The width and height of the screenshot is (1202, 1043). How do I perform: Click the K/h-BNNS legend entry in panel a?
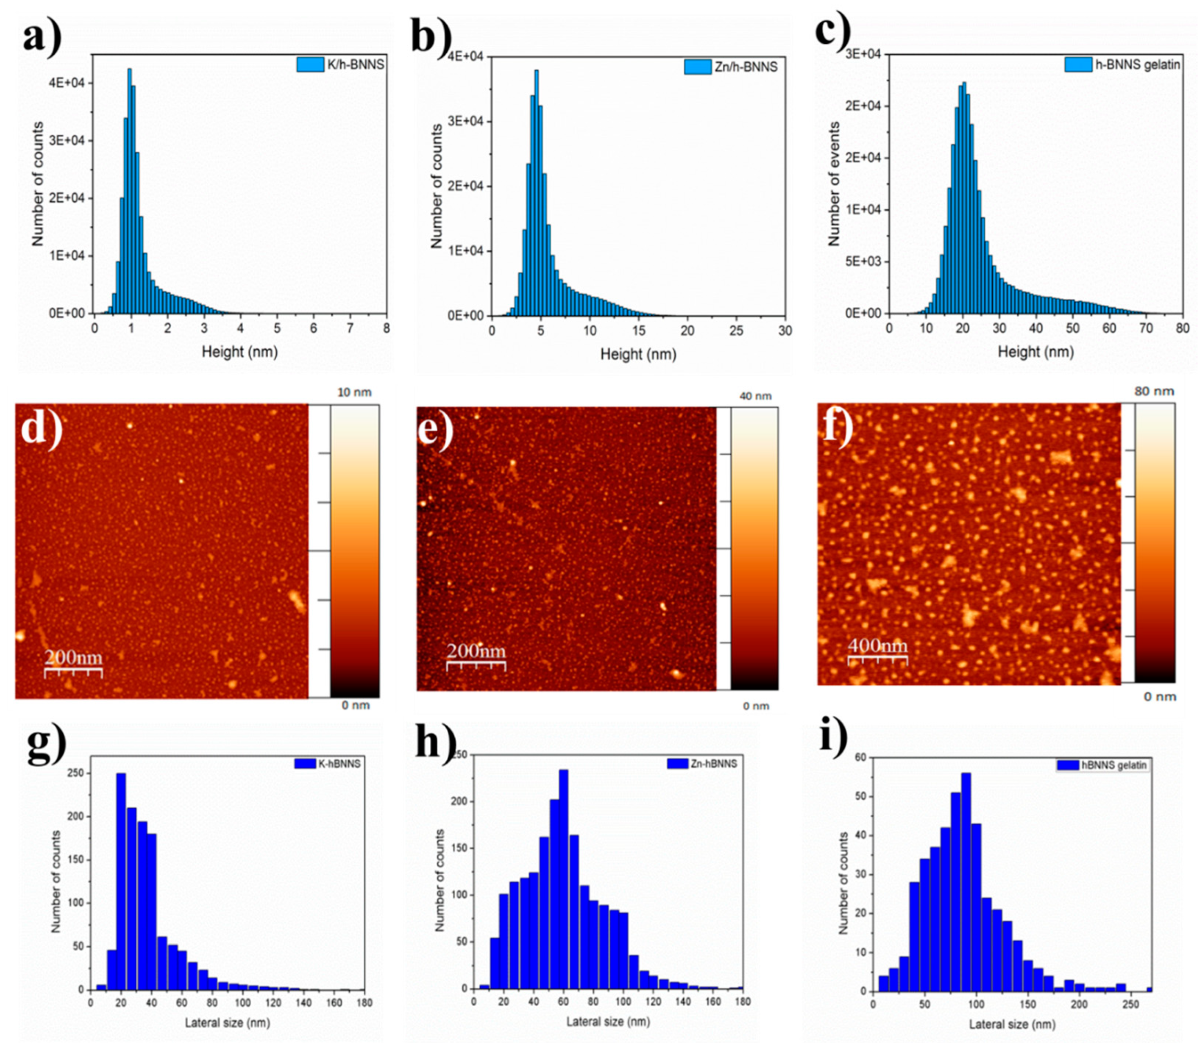click(341, 64)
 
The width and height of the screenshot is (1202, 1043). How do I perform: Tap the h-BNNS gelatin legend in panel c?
click(1122, 65)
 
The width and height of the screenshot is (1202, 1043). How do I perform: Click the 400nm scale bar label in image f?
click(877, 645)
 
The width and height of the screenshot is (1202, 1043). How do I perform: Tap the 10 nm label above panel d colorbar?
click(354, 392)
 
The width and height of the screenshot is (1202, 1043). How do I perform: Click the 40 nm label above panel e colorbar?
click(755, 396)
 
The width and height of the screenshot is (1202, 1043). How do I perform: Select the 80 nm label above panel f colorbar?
click(1154, 391)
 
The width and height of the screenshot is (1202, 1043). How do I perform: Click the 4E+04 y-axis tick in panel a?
click(66, 83)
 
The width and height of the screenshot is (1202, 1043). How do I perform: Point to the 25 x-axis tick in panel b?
click(736, 331)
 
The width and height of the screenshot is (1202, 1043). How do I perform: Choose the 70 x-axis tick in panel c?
click(1146, 328)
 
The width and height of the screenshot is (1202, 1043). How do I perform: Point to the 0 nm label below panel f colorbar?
click(1159, 697)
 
